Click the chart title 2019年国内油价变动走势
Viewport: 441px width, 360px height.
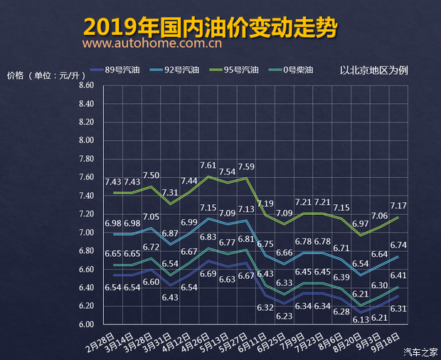(x=210, y=26)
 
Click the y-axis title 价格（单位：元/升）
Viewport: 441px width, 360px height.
(x=42, y=75)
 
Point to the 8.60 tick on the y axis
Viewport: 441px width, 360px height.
(x=86, y=85)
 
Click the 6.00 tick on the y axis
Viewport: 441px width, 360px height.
(x=86, y=324)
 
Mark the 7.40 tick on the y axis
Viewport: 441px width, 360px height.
(x=86, y=196)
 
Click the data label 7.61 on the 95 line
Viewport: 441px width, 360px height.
(x=208, y=165)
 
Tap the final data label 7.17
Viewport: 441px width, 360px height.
(x=399, y=206)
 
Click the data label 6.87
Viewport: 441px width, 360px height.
(x=170, y=233)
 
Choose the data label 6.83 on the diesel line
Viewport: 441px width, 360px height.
(x=208, y=238)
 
